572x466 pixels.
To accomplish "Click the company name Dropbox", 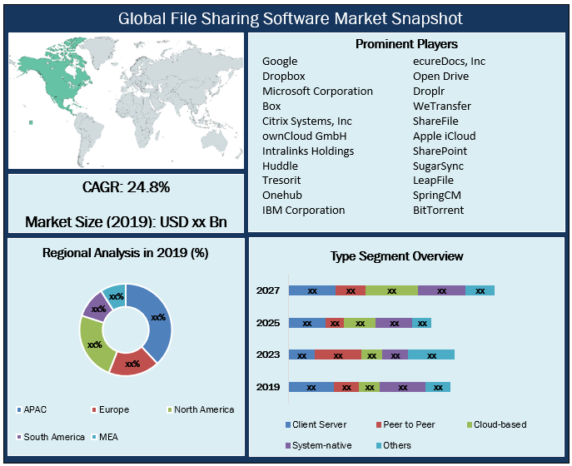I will (x=284, y=76).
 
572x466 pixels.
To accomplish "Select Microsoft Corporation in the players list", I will (x=317, y=91).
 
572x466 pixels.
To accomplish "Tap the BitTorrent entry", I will (x=437, y=210).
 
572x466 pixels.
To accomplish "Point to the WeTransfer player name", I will (x=441, y=106).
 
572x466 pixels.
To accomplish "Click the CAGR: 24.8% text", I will (x=127, y=186).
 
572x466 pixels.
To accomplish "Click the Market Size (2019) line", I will (x=126, y=222).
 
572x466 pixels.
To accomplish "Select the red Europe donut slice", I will (x=133, y=362).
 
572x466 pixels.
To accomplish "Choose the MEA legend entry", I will (x=109, y=436).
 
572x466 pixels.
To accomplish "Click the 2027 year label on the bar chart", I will (x=268, y=290).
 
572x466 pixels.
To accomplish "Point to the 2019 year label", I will (x=268, y=387).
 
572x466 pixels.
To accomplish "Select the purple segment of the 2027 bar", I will (x=441, y=290).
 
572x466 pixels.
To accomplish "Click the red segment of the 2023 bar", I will (x=337, y=354).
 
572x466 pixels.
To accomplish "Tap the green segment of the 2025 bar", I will (x=360, y=323).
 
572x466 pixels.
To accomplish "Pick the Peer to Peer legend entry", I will (x=405, y=424).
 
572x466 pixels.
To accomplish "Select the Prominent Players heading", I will (x=406, y=44).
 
